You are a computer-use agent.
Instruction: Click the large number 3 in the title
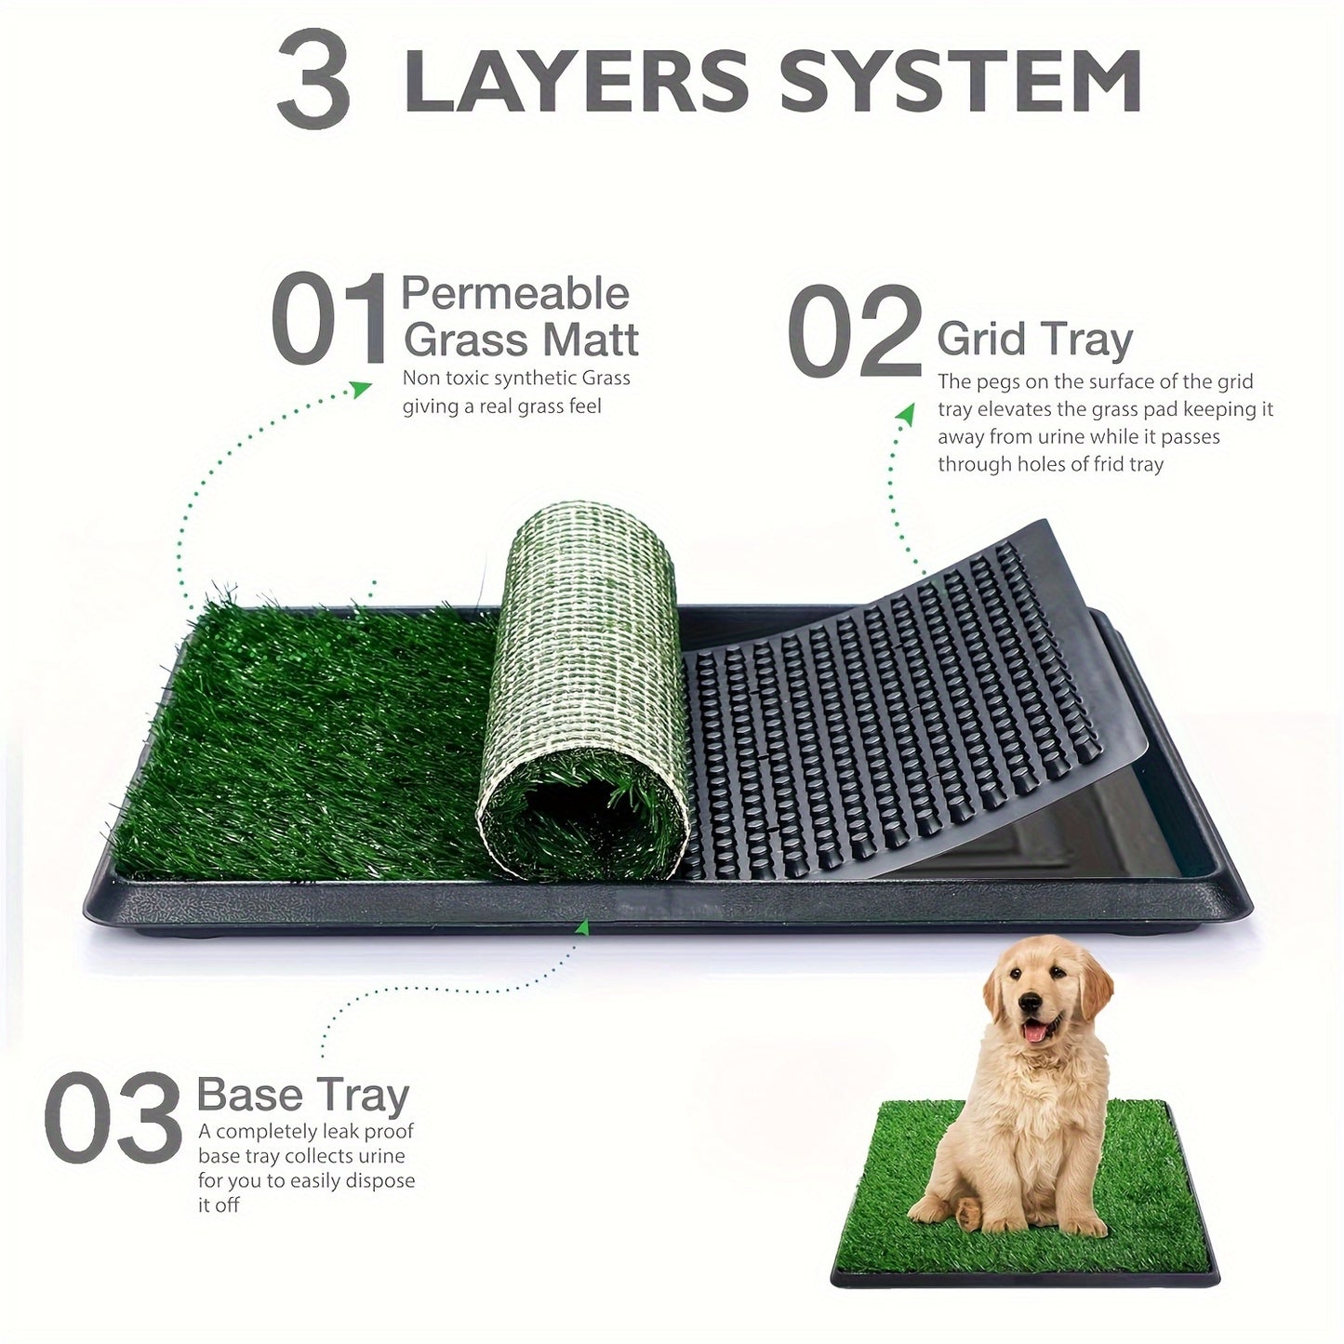pyautogui.click(x=313, y=79)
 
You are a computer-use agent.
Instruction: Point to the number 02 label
pyautogui.click(x=854, y=331)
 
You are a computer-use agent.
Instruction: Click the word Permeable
pyautogui.click(x=515, y=294)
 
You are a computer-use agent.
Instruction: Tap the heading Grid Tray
pyautogui.click(x=1034, y=339)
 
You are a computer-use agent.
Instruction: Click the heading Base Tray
pyautogui.click(x=303, y=1095)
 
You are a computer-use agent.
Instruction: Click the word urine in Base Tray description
pyautogui.click(x=380, y=1156)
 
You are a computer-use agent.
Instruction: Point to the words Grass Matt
pyautogui.click(x=521, y=339)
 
